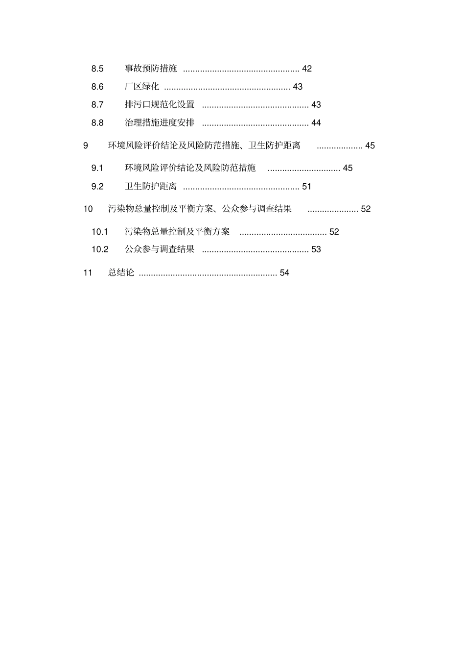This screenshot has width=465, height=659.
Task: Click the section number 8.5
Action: tap(97, 69)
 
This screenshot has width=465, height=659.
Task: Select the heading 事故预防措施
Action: tap(151, 69)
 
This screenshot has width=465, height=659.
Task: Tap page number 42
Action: tap(307, 69)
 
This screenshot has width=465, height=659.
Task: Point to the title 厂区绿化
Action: tap(142, 87)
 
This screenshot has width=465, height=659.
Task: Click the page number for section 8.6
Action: tap(298, 87)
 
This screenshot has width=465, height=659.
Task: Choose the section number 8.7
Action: tap(97, 104)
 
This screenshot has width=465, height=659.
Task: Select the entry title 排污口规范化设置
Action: tap(160, 104)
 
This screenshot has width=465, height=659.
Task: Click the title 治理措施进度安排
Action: tap(160, 122)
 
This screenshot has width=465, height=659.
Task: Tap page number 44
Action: tap(316, 122)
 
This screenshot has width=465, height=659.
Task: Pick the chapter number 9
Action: tap(86, 146)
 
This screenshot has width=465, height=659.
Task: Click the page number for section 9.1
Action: tap(348, 168)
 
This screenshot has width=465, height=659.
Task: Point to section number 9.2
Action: tap(97, 186)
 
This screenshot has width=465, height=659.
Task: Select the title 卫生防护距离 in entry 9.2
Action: tap(151, 186)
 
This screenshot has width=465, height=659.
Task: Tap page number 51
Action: tap(307, 186)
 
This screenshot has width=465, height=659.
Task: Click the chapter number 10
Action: tap(88, 209)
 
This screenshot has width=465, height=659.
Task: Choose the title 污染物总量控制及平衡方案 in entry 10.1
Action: tap(177, 232)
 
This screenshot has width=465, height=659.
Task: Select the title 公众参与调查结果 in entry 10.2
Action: tap(160, 249)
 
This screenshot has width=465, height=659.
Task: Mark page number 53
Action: tap(316, 249)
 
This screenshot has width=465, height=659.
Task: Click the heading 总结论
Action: tap(121, 272)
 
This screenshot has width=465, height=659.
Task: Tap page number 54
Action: tap(284, 272)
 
